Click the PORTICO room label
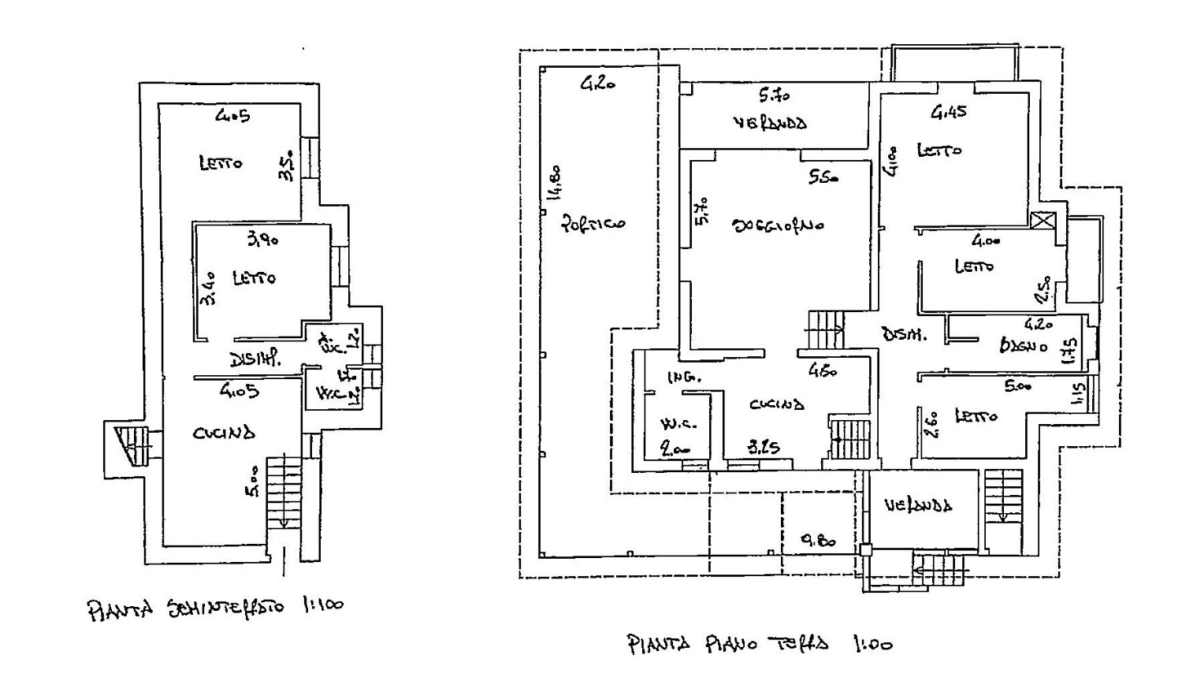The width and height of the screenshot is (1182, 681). coord(593,223)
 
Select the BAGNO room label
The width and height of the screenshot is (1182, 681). coord(1024,345)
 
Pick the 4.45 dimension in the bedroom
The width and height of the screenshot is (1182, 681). coord(949,112)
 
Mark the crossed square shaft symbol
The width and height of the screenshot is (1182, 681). coord(1043,220)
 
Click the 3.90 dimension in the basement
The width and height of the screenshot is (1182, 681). coord(262,240)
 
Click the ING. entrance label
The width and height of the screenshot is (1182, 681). coord(684,378)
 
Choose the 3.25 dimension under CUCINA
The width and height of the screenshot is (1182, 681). coord(763,448)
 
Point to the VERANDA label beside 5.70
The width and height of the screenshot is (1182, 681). coord(770,124)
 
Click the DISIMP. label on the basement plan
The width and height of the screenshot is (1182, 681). coord(255,359)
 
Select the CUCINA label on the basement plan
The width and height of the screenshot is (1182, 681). coord(224,432)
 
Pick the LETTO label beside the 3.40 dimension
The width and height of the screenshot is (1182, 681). coord(254,278)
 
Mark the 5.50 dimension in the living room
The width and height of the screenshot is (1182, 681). coord(823,178)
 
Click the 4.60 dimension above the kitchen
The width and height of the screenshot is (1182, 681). coord(823,370)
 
